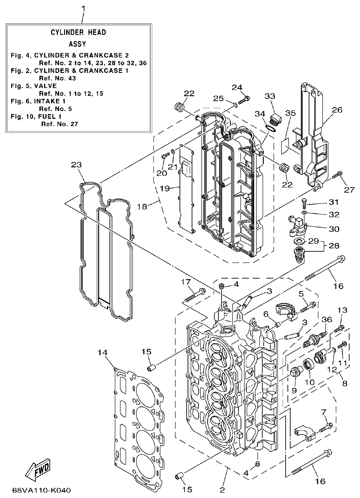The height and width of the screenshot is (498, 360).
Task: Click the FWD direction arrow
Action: pos(38,470)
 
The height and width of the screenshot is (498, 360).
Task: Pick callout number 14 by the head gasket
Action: pos(103,353)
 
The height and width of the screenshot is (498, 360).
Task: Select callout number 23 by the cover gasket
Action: pos(77,165)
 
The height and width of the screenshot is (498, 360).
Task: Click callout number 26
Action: pos(337,109)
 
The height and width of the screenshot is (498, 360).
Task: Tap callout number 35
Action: pos(290,113)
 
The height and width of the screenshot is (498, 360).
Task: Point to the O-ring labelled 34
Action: pos(270,128)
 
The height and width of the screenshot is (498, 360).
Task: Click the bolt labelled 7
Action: pos(324,426)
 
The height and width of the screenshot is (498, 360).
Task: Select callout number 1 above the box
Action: pos(82,8)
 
